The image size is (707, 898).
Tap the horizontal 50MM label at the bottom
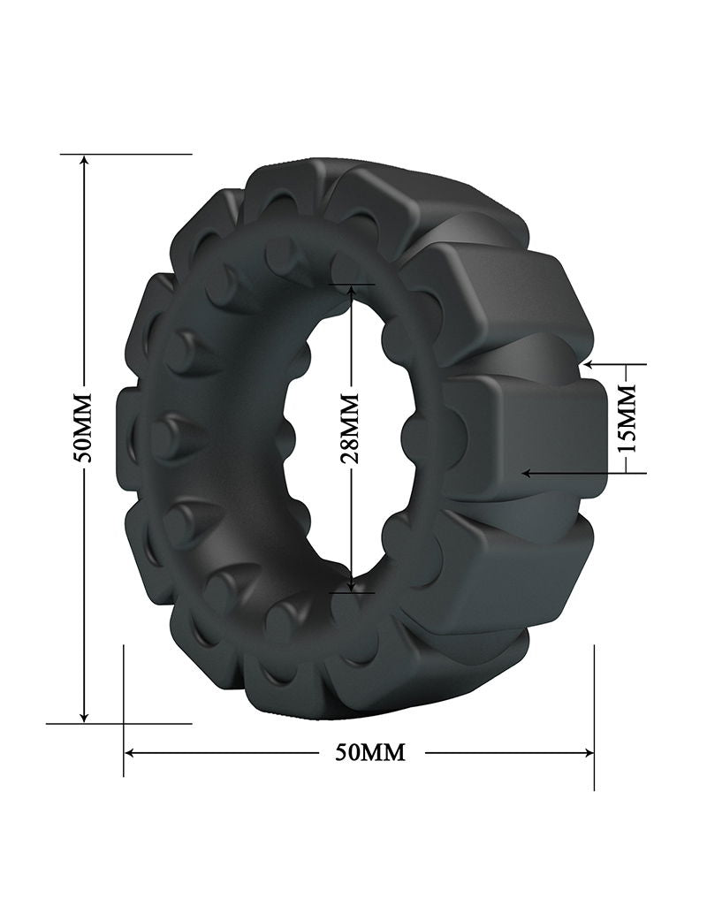370,752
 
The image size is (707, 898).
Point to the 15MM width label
627,418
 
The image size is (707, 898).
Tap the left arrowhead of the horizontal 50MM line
131,753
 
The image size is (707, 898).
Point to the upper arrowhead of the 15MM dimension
589,363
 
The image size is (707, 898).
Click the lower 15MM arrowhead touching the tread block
527,473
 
